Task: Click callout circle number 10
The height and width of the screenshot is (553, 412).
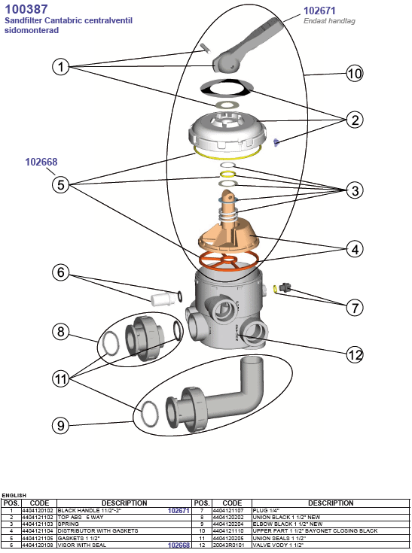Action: coord(355,74)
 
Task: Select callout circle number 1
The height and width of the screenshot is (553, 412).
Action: coord(61,66)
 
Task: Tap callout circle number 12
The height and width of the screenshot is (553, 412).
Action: coord(355,354)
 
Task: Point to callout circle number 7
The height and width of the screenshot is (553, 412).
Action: coord(355,308)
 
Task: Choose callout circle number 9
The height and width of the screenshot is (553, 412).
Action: coord(61,425)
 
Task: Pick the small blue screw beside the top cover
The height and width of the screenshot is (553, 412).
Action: coord(276,142)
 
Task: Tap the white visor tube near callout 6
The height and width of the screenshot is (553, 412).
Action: coord(163,299)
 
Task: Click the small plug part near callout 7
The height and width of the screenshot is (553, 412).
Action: coord(284,287)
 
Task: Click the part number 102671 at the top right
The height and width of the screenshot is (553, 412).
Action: coord(319,11)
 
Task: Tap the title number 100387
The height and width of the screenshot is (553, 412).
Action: coord(26,9)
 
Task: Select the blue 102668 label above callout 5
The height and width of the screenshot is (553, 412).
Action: coord(41,162)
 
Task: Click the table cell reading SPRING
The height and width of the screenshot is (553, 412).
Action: coord(69,524)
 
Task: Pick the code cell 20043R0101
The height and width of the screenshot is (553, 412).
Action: coord(228,545)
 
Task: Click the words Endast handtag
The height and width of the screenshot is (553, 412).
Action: coord(329,21)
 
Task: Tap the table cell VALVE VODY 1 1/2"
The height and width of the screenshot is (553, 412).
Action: coord(278,545)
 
